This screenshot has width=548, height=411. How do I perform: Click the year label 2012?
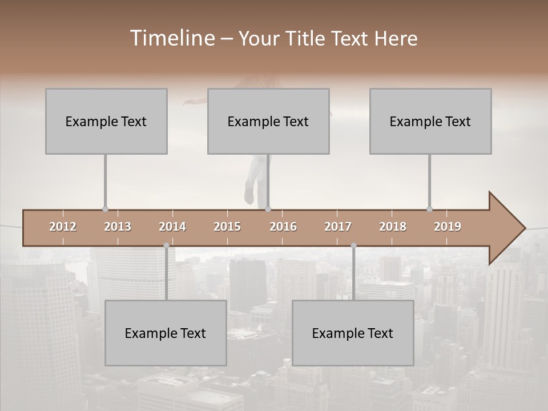point(63,227)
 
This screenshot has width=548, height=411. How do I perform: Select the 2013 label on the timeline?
point(118,227)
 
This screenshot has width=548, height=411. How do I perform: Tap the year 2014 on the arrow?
point(172,227)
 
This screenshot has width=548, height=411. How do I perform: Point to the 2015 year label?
point(227,227)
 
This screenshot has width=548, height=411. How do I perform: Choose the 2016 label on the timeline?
point(283,227)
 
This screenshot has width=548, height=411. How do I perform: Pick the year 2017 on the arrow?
point(338,227)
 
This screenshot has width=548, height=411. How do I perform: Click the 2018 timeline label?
point(393,227)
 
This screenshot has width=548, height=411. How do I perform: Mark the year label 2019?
point(448,227)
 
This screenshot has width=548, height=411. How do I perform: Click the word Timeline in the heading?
point(172,38)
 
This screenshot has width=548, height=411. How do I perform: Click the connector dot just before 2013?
point(105,209)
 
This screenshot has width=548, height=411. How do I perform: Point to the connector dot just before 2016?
point(268,209)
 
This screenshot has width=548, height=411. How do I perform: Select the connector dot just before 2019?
point(429,209)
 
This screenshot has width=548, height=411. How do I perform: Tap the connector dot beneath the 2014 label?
point(166,245)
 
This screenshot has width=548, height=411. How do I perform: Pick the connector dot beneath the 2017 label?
point(353,245)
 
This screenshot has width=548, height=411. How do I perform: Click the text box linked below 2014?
point(166,333)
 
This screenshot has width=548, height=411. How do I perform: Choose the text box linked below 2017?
point(353,333)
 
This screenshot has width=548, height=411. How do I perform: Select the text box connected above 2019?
point(430,121)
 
